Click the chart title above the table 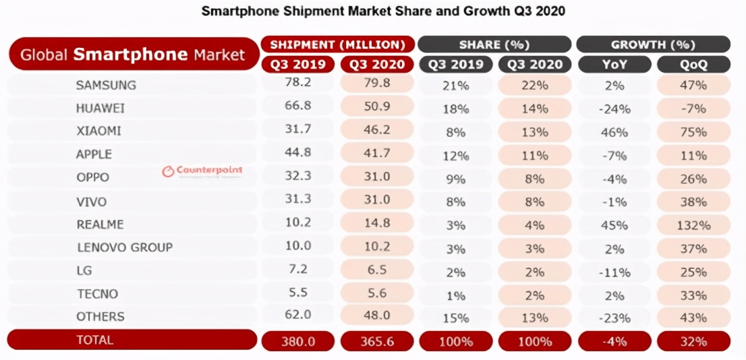383,11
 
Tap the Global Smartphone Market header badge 133,55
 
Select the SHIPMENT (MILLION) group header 337,44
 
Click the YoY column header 614,65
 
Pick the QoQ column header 693,65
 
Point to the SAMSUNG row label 106,85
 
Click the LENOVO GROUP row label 124,247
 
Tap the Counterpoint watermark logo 202,171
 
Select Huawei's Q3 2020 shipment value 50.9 377,108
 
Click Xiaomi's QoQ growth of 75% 693,131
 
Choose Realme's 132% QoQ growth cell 693,224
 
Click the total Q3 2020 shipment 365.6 377,341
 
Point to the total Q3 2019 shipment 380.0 297,341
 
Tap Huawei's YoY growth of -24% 614,109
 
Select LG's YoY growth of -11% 614,272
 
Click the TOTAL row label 95,340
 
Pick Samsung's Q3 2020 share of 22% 535,86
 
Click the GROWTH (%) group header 653,44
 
